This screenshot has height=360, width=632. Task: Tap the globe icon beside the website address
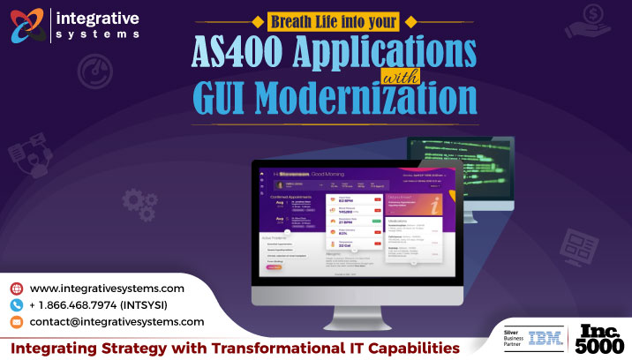pos(16,289)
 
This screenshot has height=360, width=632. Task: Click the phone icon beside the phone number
pos(16,305)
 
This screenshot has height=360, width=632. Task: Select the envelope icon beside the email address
pos(16,322)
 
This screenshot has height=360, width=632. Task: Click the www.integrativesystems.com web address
pos(107,289)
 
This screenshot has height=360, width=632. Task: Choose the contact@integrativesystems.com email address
pos(117,322)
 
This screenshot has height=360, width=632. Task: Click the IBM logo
pos(545,339)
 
